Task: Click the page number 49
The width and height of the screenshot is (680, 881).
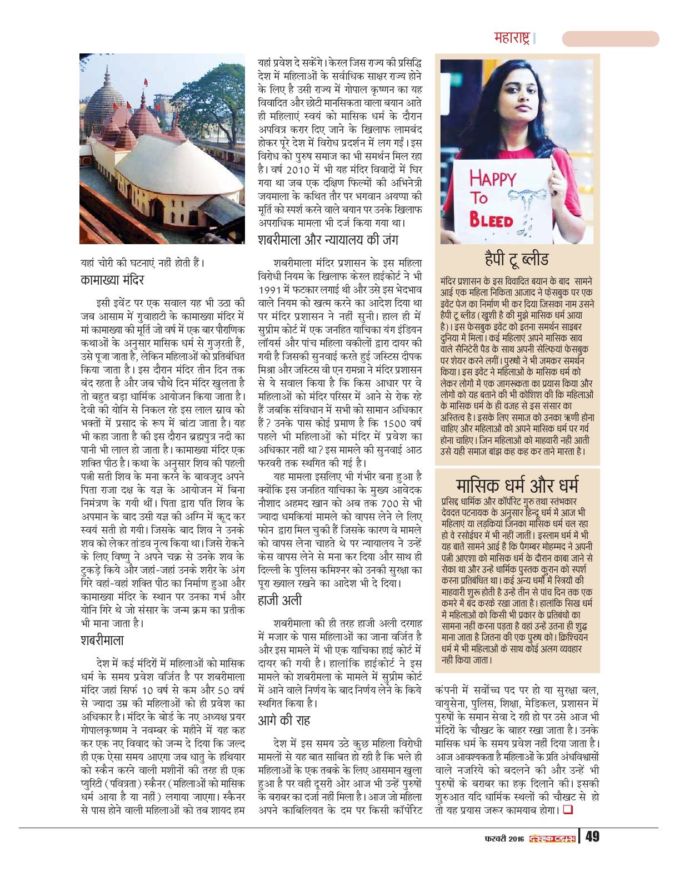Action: click(x=592, y=837)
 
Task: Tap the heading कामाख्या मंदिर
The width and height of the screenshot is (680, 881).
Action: click(x=112, y=280)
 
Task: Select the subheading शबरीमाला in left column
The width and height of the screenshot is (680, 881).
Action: click(x=102, y=641)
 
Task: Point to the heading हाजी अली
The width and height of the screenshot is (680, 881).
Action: click(x=280, y=600)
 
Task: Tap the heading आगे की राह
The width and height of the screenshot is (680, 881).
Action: click(x=284, y=721)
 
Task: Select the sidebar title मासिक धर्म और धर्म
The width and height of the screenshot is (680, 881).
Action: click(x=517, y=483)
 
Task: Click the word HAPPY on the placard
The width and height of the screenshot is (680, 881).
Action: click(x=492, y=179)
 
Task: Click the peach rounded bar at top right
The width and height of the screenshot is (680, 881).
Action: click(x=610, y=38)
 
